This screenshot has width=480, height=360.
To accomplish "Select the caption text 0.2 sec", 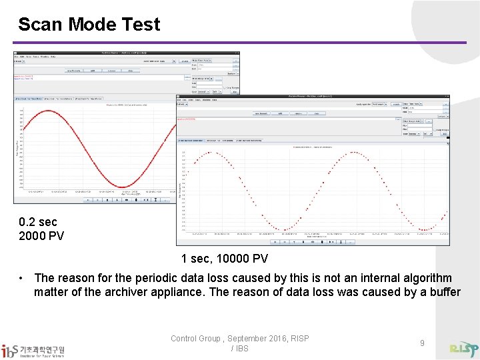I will [38, 222].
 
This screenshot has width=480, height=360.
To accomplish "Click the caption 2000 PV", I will [41, 235].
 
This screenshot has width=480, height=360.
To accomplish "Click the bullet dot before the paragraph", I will [23, 278].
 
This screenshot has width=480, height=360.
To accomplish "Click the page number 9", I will [422, 343].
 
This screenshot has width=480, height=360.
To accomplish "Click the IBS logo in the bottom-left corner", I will [33, 350].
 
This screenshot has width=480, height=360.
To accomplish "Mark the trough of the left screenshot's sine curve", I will [123, 187].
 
